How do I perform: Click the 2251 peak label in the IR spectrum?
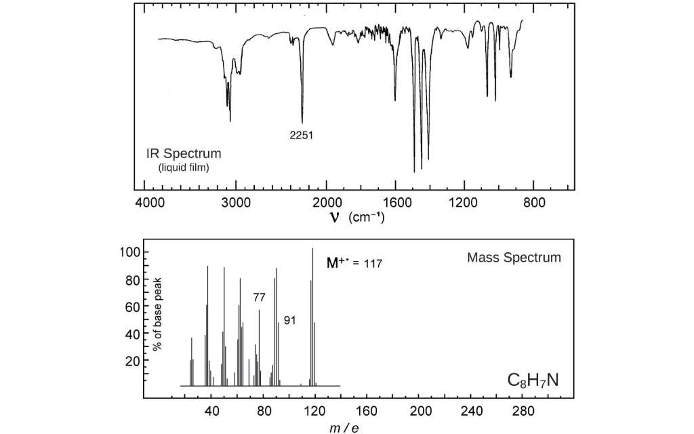[x=301, y=135]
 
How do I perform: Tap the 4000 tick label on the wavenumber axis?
[x=148, y=203]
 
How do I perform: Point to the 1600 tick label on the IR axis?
[x=394, y=203]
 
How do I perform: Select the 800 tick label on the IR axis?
[x=533, y=203]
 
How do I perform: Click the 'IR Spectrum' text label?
[x=184, y=154]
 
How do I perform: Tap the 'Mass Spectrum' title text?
[x=514, y=258]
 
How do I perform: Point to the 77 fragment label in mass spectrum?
[x=259, y=297]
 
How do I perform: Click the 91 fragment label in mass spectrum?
[x=289, y=320]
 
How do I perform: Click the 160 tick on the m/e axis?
[x=367, y=411]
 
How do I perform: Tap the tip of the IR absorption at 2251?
[x=302, y=122]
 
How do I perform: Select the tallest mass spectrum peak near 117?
[x=312, y=250]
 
